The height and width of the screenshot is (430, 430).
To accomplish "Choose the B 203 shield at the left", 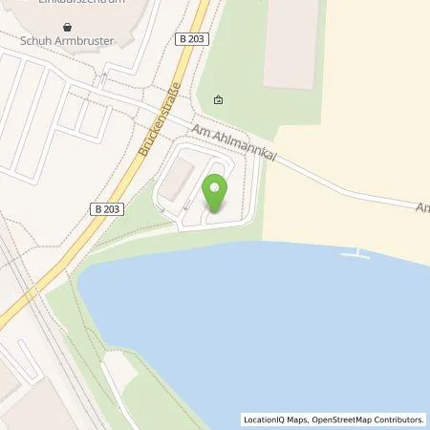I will click(x=108, y=208).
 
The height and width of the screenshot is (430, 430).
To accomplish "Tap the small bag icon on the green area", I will click(x=219, y=99).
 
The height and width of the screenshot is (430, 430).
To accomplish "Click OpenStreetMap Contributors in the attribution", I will click(x=367, y=419).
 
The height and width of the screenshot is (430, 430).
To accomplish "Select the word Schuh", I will click(x=36, y=42).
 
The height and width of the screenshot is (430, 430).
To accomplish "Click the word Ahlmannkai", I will click(x=250, y=152).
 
